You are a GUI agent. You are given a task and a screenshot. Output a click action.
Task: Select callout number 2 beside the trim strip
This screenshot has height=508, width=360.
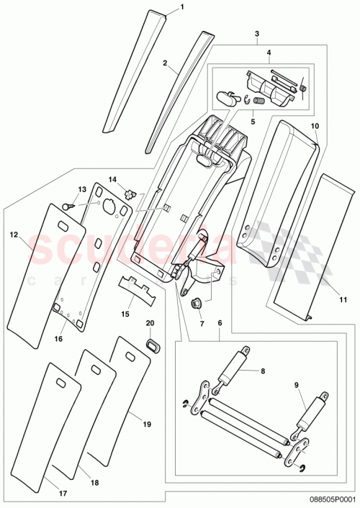point(165,63)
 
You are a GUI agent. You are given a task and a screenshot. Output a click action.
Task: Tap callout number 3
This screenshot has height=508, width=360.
point(257,34)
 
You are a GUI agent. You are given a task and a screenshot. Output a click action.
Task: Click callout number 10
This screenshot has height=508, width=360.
point(314,126)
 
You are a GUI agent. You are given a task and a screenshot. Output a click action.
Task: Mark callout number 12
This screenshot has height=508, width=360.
point(13,235)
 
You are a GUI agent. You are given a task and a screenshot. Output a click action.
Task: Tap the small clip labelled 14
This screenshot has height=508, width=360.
point(130,192)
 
